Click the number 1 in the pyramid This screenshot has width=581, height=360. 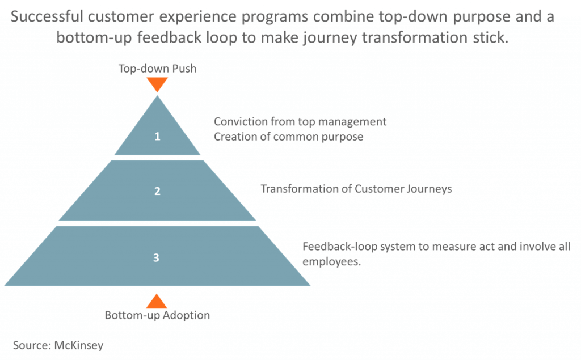158,136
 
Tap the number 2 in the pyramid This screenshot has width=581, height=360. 158,191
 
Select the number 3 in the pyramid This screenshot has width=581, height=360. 157,257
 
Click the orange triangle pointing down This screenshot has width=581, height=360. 157,84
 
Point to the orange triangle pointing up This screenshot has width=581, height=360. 157,301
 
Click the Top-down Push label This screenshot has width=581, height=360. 158,69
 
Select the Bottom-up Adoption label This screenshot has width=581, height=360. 157,315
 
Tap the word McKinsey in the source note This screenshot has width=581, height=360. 79,346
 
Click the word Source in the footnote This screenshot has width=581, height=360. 32,346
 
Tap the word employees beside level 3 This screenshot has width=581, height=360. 331,262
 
